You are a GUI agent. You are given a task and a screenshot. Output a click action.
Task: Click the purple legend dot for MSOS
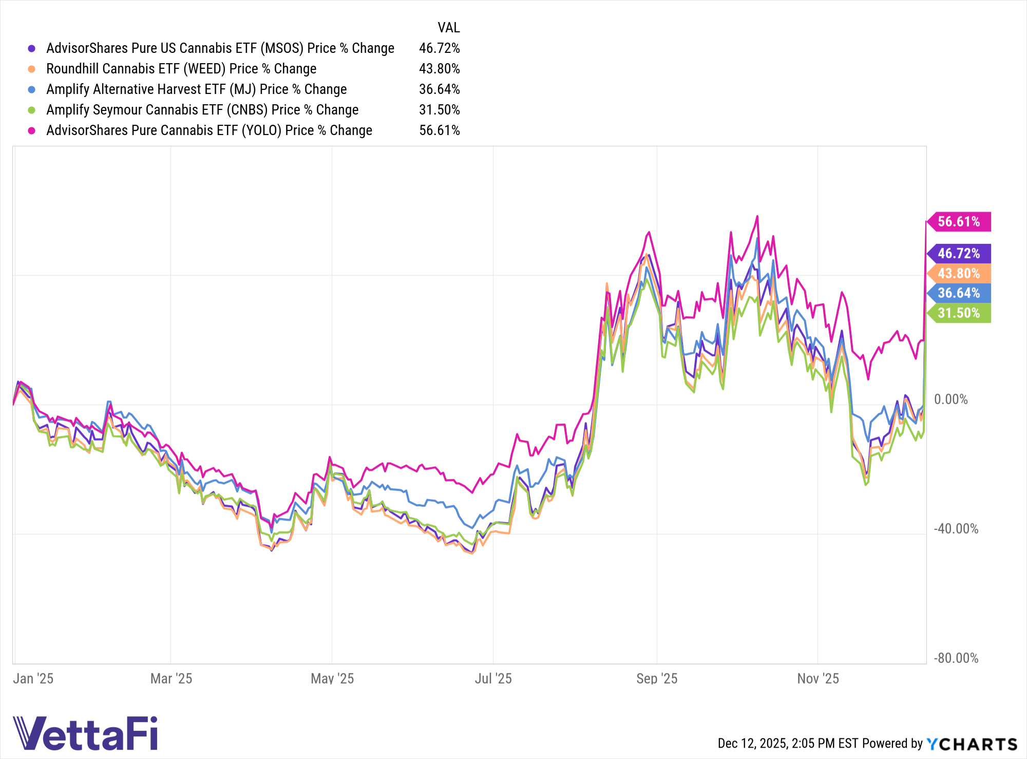tap(32, 48)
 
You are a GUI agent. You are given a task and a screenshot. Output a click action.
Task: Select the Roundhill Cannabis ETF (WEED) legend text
tap(181, 69)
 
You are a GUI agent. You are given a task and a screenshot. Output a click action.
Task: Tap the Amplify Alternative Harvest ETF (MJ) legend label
tap(196, 89)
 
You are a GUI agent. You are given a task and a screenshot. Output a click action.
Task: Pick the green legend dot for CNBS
tap(32, 110)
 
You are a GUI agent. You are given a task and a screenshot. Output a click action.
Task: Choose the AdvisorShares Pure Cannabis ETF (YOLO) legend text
tap(209, 130)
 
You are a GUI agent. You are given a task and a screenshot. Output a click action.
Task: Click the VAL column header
tap(448, 28)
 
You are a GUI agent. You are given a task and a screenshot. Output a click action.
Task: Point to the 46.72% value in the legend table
tap(439, 48)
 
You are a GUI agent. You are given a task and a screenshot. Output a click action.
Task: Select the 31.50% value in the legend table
tap(439, 110)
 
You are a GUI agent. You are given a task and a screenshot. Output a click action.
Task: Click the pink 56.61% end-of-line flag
tap(958, 222)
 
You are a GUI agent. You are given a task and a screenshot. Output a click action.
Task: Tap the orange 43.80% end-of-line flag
tap(958, 273)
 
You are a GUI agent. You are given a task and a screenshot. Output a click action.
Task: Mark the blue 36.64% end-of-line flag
tap(958, 293)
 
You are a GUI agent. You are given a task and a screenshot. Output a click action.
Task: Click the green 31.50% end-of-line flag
tap(958, 313)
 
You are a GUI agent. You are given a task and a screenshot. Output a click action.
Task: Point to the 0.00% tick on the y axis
tap(950, 400)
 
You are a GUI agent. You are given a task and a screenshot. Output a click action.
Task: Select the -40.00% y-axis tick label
tap(956, 529)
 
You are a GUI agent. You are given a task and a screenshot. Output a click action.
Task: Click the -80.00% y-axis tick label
tap(956, 658)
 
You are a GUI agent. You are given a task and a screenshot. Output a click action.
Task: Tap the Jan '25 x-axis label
tap(33, 679)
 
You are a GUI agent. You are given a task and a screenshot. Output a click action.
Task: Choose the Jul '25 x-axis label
tap(493, 679)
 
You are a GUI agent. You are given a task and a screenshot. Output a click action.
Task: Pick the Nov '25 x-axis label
tap(817, 679)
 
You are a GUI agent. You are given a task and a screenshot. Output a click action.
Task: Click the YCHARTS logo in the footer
tap(972, 744)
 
